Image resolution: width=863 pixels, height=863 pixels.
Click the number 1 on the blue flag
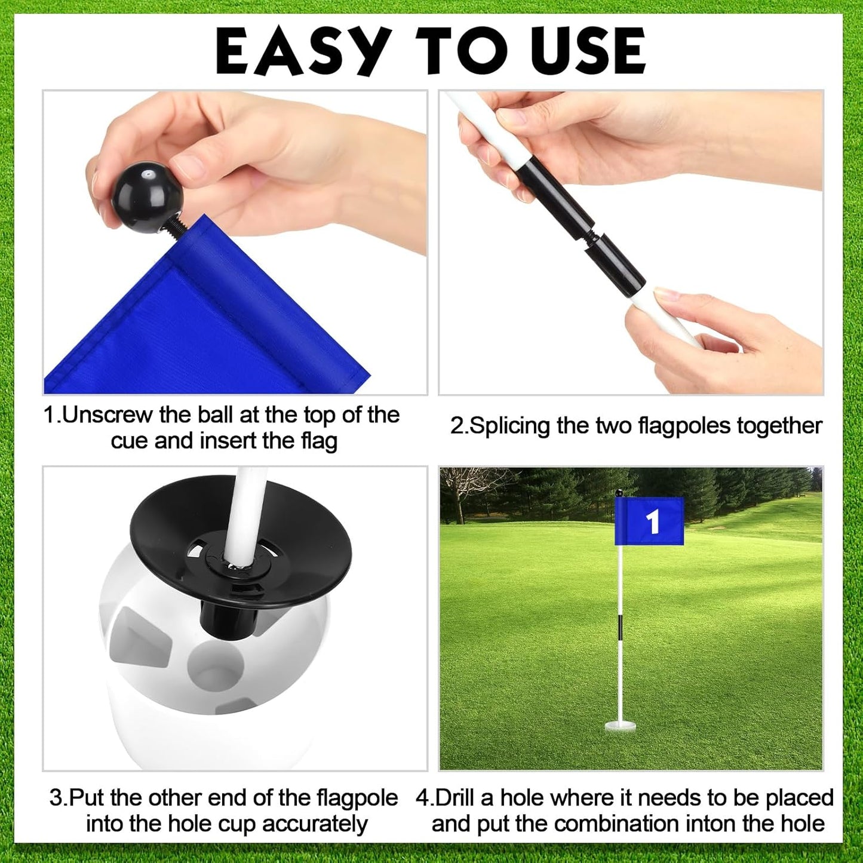[653, 521]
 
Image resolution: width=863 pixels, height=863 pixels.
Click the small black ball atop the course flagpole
[619, 493]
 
